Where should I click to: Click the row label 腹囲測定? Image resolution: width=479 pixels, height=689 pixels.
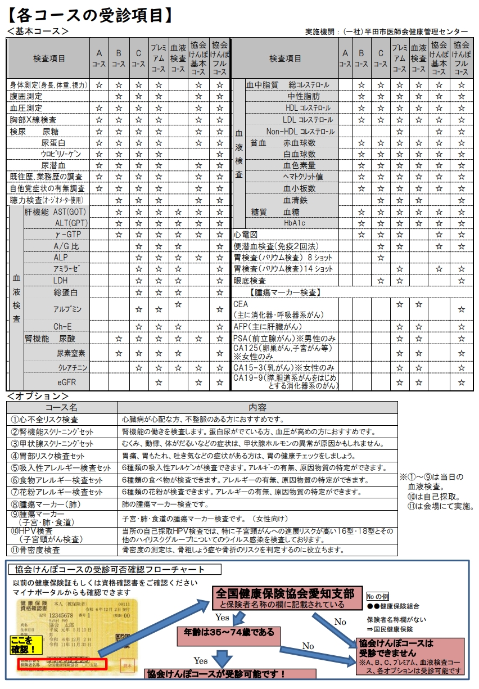point(26,96)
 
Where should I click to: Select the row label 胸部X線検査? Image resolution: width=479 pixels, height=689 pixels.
point(33,120)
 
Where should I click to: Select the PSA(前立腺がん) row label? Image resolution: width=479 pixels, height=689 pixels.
point(284,338)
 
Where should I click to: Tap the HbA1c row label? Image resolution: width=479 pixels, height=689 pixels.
point(295,223)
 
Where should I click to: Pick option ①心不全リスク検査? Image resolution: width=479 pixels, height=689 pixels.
point(45,420)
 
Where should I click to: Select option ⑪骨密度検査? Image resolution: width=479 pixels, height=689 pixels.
point(36,550)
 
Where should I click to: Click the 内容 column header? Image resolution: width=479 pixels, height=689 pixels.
point(257,407)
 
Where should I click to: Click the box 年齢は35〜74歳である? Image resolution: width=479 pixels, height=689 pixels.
point(229,632)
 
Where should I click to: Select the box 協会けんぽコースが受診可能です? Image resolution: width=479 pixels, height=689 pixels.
point(216,673)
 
